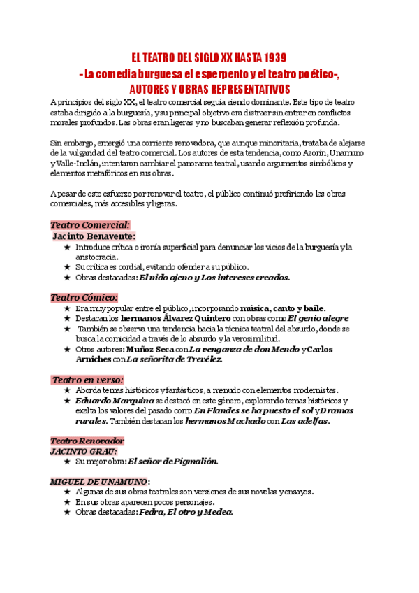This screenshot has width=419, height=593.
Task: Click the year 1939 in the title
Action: tap(270, 57)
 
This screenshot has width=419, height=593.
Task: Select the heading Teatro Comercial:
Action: tap(90, 225)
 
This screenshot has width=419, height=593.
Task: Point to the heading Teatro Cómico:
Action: tap(84, 297)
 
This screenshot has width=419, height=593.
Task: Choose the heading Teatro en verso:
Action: tap(87, 380)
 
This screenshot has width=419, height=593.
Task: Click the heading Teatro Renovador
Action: tap(87, 441)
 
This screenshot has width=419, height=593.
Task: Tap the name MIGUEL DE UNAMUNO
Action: tap(98, 482)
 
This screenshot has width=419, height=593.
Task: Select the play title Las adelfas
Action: tap(304, 421)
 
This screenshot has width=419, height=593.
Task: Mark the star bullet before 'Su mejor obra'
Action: tap(67, 462)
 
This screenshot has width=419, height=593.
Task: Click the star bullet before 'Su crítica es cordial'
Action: tap(67, 267)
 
